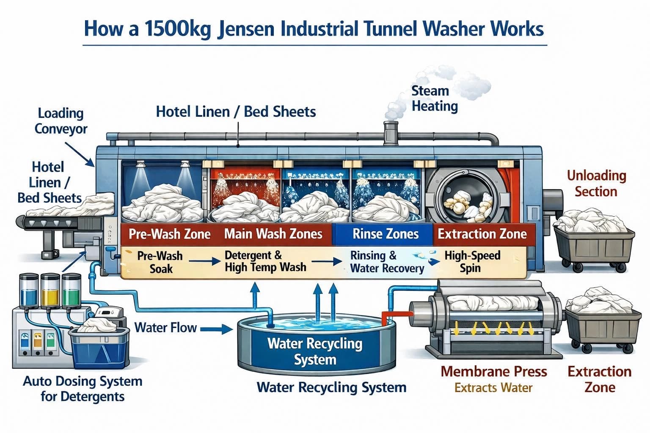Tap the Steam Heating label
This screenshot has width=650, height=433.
pos(434,98)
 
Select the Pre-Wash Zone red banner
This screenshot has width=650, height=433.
pos(169,234)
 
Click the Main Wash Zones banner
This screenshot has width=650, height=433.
pos(273,234)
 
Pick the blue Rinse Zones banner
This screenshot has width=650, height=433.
pos(385,234)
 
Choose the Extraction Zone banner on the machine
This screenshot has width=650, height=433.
pos(482,234)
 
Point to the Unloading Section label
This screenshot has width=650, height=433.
pos(596,184)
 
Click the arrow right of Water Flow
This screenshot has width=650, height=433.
pos(216,329)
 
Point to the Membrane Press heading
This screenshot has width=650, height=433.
pos(493,372)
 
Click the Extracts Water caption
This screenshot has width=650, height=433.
pos(493,388)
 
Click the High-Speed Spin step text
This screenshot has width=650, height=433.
pos(472,262)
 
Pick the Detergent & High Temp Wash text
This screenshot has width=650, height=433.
pos(265,261)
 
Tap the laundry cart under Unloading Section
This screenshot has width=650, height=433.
pos(595,241)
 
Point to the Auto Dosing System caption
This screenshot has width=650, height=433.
pos(83,389)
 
